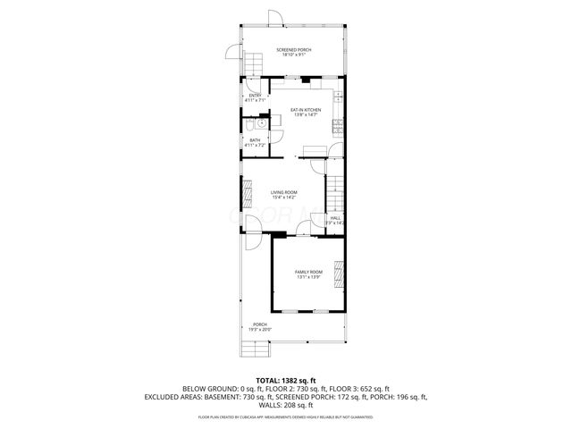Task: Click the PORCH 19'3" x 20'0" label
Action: [x=260, y=326]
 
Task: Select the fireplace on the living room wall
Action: [x=248, y=192]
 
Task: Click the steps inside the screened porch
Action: [x=255, y=65]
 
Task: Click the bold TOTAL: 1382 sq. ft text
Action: [x=285, y=380]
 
